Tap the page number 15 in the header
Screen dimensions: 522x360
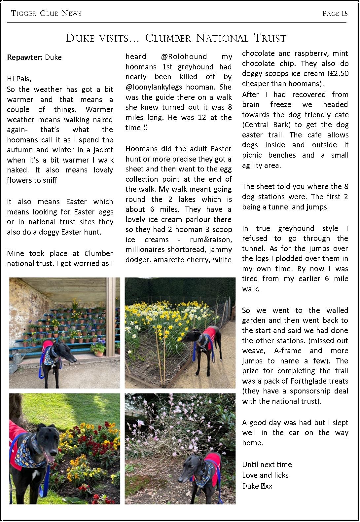click(x=344, y=13)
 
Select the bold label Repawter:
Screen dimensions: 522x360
click(x=25, y=57)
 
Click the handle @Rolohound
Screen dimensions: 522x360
click(x=184, y=56)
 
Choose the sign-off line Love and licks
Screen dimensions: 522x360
click(x=265, y=475)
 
